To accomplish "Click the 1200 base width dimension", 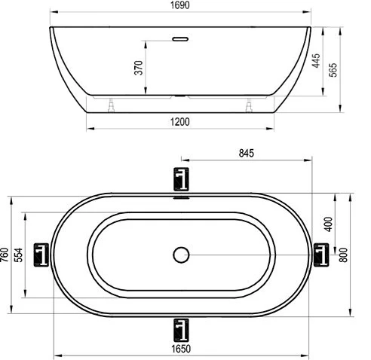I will click(179, 122).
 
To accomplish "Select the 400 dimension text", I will click(328, 224).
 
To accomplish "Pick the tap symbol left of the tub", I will click(43, 254).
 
